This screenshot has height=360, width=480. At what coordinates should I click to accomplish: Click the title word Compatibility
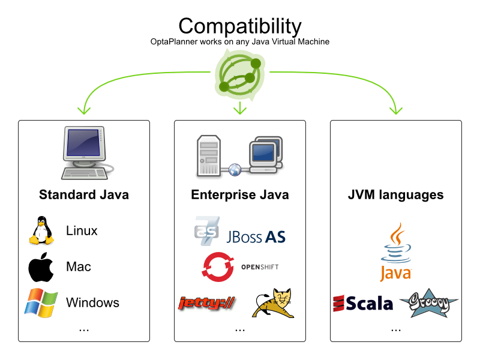click(x=239, y=26)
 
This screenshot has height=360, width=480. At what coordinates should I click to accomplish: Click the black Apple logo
click(x=41, y=267)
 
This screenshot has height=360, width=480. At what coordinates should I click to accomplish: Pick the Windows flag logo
click(x=41, y=302)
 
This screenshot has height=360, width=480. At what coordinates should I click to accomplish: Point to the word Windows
click(x=92, y=302)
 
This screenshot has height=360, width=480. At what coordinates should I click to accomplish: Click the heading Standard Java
click(x=84, y=195)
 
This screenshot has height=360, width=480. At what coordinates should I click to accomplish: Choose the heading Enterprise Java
click(x=240, y=195)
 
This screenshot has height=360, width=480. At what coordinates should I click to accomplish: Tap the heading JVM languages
click(x=396, y=195)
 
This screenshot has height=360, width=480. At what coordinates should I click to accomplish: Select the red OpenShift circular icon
click(x=218, y=266)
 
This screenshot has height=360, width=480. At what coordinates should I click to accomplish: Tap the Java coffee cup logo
click(x=395, y=252)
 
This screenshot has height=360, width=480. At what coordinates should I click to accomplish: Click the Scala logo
click(x=363, y=304)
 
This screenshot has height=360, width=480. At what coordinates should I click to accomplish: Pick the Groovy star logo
click(x=428, y=303)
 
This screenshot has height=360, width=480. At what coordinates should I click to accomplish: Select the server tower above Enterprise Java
click(x=209, y=155)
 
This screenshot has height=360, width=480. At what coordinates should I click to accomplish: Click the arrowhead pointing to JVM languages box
click(x=395, y=110)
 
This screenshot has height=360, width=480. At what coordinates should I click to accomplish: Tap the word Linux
click(x=82, y=231)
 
